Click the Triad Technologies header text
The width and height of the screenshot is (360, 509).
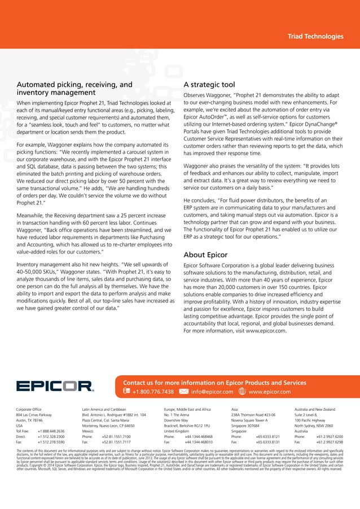click(315, 37)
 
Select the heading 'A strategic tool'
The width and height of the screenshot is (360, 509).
click(209, 85)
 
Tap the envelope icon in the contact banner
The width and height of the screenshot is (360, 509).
click(183, 391)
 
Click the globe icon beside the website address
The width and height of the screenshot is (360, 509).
click(242, 391)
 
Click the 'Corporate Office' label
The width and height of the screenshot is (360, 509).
click(32, 408)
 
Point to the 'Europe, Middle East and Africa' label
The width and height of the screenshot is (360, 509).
click(187, 408)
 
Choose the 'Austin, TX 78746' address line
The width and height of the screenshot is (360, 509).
click(30, 420)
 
